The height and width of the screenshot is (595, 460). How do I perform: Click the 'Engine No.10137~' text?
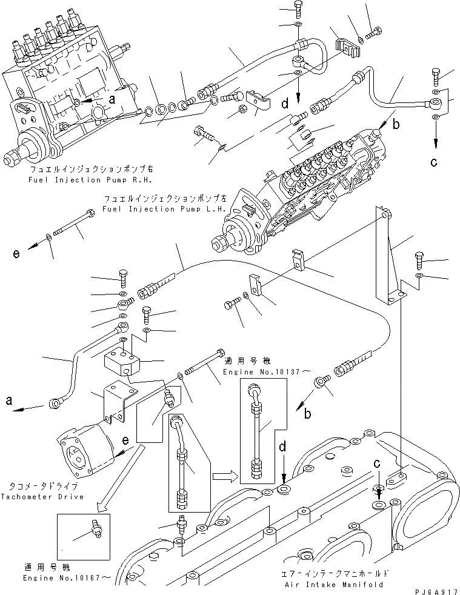point(253,370)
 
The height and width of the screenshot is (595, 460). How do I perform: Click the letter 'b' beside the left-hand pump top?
point(395,126)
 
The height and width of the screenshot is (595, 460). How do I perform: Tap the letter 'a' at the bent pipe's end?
point(8,401)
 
